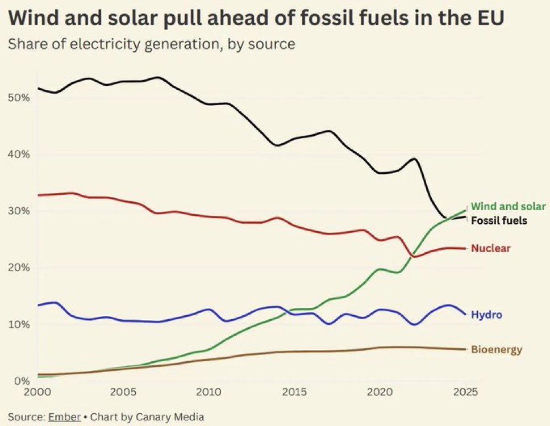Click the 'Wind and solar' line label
[x=509, y=206]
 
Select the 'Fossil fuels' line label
[x=499, y=220]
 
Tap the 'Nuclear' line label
[x=491, y=248]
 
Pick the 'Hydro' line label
[x=486, y=315]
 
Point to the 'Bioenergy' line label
[x=496, y=349]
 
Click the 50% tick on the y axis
[x=19, y=97]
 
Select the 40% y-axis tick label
[x=19, y=154]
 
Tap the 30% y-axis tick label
[x=19, y=211]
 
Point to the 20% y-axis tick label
[x=19, y=268]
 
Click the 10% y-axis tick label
[x=19, y=324]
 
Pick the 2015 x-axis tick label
[x=295, y=392]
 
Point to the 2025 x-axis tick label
[x=466, y=392]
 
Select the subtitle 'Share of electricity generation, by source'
[x=151, y=44]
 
